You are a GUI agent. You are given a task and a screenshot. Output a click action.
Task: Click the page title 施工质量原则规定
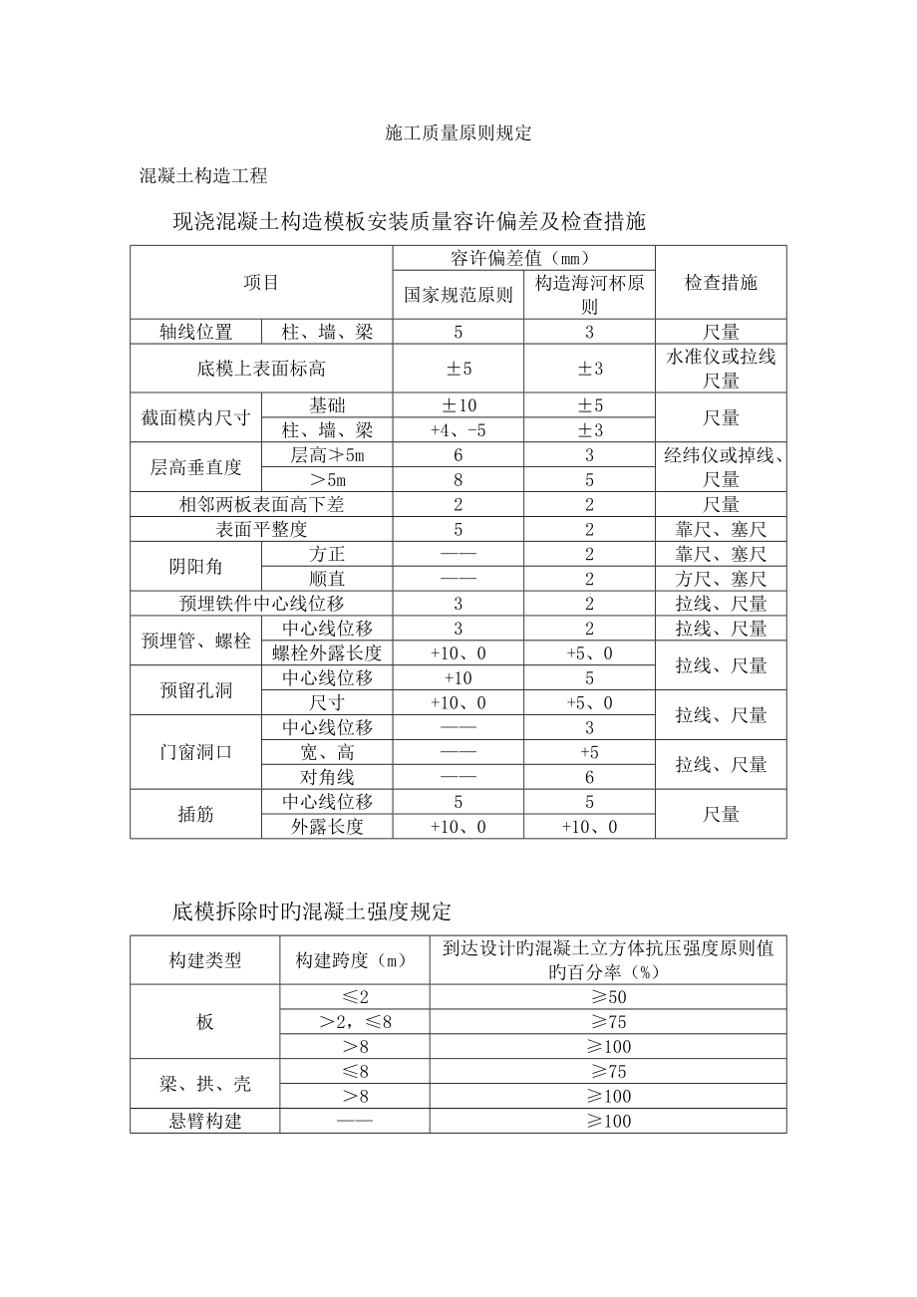(458, 134)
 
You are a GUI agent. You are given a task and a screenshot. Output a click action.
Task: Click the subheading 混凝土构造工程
(203, 176)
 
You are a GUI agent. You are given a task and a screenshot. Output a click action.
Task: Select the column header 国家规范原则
(458, 295)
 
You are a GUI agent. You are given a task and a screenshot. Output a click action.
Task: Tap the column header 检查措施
(720, 283)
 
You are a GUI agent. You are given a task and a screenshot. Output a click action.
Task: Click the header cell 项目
(261, 283)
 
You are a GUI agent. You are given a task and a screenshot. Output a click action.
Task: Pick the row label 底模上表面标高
(261, 369)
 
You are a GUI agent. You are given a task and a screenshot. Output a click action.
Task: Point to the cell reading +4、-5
(458, 430)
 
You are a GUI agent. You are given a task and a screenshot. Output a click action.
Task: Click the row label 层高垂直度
(195, 467)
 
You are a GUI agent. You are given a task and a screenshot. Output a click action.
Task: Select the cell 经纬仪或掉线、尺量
(720, 467)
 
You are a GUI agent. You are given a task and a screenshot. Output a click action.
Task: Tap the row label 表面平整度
(261, 529)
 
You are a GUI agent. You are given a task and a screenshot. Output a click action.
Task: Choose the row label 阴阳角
(195, 566)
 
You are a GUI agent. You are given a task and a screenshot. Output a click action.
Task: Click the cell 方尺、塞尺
(720, 579)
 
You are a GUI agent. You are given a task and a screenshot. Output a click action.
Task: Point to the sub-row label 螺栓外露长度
(327, 653)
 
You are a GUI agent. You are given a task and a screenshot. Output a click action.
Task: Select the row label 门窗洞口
(195, 752)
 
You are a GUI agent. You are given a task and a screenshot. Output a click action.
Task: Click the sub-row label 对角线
(327, 777)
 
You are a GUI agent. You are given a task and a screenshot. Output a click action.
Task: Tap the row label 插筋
(195, 814)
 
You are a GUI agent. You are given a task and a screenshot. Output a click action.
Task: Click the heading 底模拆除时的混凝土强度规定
(312, 910)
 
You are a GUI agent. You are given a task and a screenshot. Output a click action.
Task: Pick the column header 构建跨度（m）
(354, 960)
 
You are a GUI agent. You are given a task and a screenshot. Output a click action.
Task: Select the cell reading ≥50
(607, 996)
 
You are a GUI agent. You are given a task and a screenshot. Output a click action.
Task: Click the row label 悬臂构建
(204, 1121)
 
